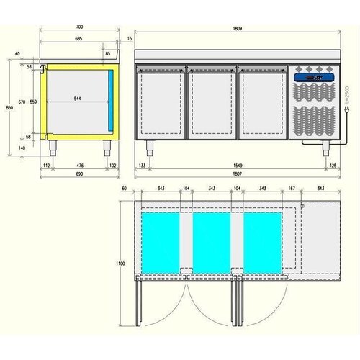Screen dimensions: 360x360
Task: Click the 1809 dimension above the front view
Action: coord(237,28)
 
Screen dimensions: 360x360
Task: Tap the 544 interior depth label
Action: coord(77,99)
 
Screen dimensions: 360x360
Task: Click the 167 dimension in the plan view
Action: coord(290,188)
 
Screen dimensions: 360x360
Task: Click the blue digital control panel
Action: coord(315,77)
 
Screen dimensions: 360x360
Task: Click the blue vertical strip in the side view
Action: coord(111,98)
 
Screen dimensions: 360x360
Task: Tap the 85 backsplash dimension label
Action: coord(109,53)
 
